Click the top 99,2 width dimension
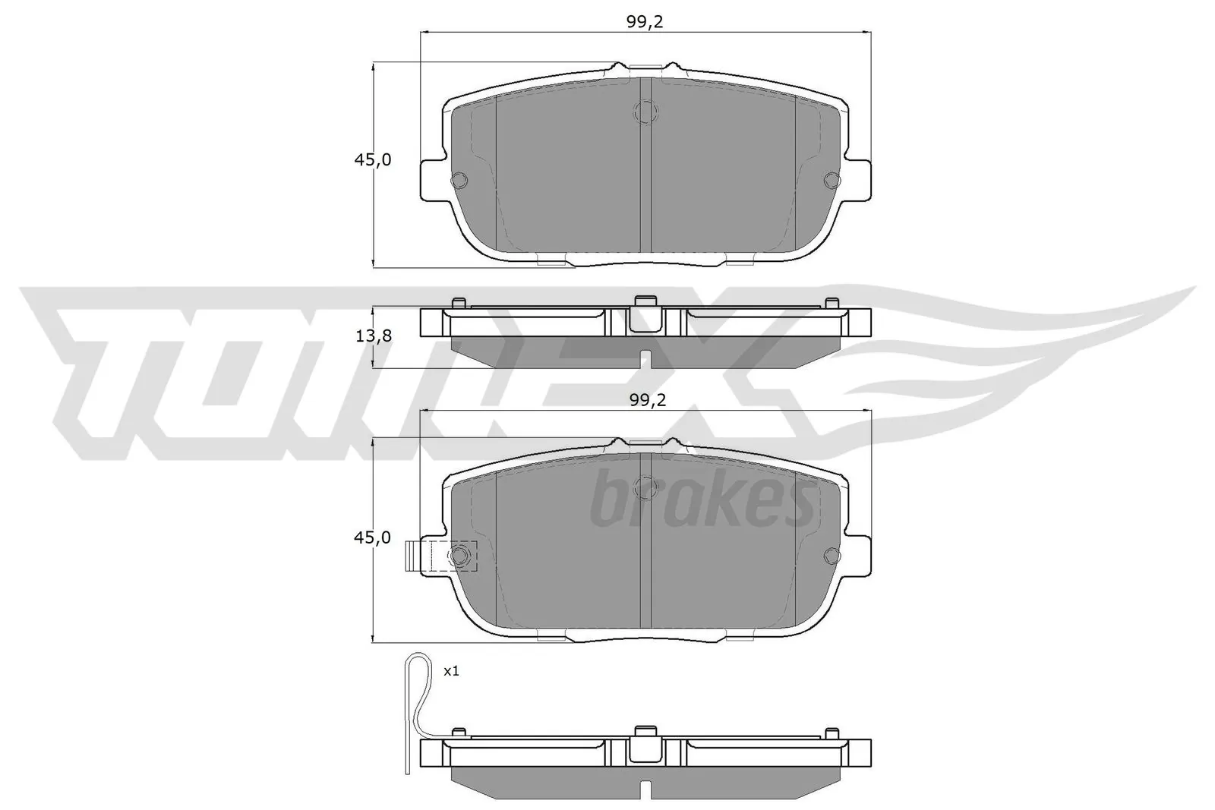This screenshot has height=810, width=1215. [645, 22]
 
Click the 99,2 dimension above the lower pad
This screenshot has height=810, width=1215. [647, 401]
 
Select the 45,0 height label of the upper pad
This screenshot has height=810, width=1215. [371, 160]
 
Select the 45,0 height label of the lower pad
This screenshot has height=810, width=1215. [371, 537]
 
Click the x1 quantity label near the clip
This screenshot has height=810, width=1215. [451, 671]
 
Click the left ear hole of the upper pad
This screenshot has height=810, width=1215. [459, 180]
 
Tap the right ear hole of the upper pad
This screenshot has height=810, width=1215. [831, 180]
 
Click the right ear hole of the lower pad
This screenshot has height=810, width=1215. [831, 556]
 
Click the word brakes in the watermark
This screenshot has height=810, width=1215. [702, 501]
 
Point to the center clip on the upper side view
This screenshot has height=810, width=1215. [645, 314]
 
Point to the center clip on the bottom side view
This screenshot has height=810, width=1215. [645, 746]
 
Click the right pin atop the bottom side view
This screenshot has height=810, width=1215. [832, 734]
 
